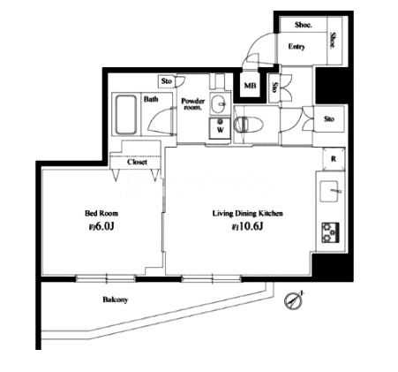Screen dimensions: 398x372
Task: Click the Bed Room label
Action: pos(101,213)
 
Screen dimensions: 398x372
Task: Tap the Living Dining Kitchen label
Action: pos(248,213)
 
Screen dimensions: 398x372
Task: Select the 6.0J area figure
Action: pos(101,226)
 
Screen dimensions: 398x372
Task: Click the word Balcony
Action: pos(116,300)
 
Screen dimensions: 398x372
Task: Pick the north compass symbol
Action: pos(292,301)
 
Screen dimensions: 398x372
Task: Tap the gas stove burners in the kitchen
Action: pos(330,232)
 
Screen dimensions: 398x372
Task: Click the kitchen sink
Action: pos(330,191)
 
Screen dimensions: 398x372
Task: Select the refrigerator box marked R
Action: pos(334,159)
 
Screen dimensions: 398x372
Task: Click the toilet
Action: pos(248,125)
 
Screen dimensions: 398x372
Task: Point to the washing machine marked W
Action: pos(220,128)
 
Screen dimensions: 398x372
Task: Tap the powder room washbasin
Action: pos(220,104)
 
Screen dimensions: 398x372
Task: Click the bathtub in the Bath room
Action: pos(126,115)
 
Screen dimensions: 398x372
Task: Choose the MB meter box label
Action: pos(251,86)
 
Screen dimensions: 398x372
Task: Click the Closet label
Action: pos(137,162)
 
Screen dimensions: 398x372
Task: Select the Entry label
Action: pos(297,47)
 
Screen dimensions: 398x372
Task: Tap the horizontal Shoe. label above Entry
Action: pos(304,25)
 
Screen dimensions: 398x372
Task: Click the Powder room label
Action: pos(193,104)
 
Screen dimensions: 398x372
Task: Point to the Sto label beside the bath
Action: pos(167,81)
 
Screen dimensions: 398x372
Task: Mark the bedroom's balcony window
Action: pos(106,278)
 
